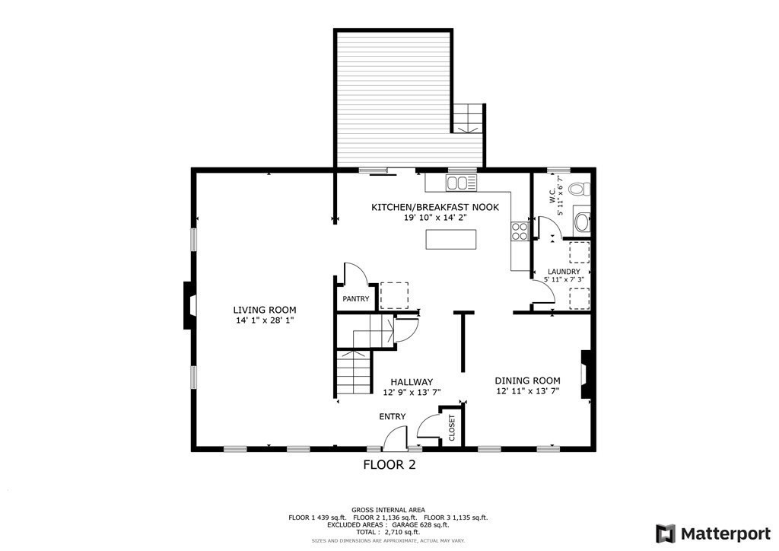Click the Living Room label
tap(264, 310)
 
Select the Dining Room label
tap(527, 381)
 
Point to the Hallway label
tap(412, 382)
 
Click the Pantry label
tap(355, 299)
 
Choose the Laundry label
tap(564, 272)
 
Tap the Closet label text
tap(451, 428)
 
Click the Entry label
tap(393, 416)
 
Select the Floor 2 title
tap(389, 464)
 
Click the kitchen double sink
tap(460, 183)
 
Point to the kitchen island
tap(452, 239)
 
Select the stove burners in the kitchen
tap(520, 231)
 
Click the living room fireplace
tap(189, 306)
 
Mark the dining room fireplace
tap(586, 374)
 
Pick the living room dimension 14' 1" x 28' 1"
tap(264, 321)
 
